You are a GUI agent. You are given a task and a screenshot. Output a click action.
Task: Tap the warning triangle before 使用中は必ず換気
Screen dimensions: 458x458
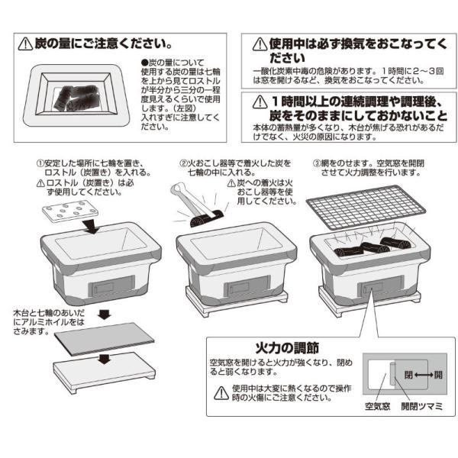point(259,44)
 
